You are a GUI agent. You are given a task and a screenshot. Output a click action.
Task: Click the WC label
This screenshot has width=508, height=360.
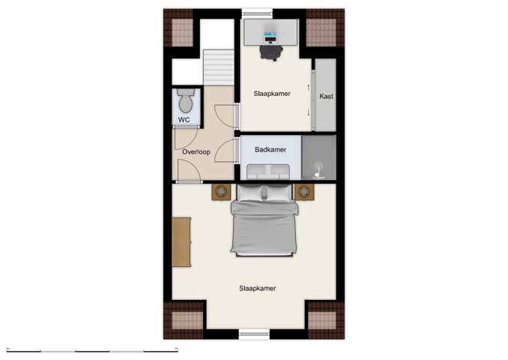coord(184,119)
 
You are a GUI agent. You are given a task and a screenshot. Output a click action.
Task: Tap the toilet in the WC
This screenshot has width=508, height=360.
coord(187,100)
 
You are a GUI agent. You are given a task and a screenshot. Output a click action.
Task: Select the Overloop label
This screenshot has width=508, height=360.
coord(195,152)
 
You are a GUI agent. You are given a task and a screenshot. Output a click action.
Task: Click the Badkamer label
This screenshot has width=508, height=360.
coord(270,149)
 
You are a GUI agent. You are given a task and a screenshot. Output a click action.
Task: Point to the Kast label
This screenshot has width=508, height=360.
coord(326,97)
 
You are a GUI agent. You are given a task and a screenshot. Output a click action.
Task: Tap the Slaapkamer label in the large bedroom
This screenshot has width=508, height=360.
coord(257,288)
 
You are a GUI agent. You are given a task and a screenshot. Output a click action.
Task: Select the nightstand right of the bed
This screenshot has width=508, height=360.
coord(304,192)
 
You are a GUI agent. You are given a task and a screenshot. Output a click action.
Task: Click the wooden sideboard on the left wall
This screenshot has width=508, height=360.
coord(181,241)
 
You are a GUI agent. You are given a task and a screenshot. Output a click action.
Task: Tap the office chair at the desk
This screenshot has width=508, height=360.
coord(271,51)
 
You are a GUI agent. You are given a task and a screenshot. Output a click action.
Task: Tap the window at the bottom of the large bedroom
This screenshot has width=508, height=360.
coord(253,334)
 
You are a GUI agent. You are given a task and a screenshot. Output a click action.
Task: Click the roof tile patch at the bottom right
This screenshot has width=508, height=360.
coord(324,319)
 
